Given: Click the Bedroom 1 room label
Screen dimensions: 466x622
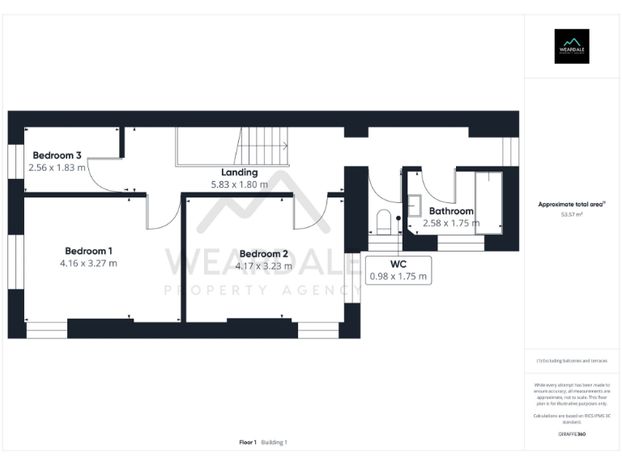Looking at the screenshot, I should (x=88, y=250).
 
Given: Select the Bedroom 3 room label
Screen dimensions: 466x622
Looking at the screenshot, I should (x=57, y=155).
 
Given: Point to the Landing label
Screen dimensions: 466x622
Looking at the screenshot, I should (x=240, y=172).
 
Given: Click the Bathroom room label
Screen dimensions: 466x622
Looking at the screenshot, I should (x=451, y=210).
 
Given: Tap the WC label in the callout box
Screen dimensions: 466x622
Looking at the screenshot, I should (x=398, y=264).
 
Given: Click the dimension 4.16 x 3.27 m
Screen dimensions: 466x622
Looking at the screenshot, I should (x=88, y=263).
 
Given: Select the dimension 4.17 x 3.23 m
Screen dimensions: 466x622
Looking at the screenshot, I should (x=263, y=265).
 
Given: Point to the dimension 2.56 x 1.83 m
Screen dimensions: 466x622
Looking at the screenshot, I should (x=57, y=167).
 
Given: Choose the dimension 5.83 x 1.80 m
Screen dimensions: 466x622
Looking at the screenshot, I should (x=240, y=184).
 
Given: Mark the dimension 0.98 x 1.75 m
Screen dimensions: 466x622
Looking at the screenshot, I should (x=398, y=277).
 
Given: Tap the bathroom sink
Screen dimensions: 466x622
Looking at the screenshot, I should (x=414, y=206).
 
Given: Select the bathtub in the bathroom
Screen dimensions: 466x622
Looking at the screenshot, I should (x=488, y=202).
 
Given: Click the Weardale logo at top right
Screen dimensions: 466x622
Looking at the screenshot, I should (x=571, y=46).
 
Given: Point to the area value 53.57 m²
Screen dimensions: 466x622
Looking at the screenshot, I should (x=572, y=215).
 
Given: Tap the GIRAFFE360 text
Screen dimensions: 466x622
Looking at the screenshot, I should (x=572, y=434).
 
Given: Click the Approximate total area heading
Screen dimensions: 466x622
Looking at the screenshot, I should (x=571, y=205).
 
